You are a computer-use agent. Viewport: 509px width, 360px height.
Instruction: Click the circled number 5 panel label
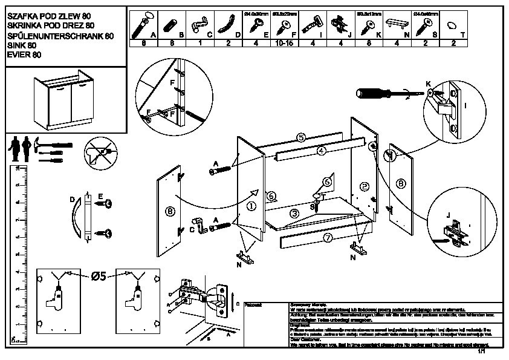click(x=300, y=137)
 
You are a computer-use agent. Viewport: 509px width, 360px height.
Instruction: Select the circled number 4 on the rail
click(x=322, y=150)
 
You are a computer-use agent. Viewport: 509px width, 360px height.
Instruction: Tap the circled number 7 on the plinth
click(x=327, y=238)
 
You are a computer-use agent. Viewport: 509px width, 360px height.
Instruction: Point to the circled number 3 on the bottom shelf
click(x=294, y=213)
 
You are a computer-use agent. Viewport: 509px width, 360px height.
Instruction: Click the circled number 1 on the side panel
click(x=251, y=206)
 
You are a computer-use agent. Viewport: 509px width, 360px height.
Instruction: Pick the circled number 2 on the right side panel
click(x=364, y=186)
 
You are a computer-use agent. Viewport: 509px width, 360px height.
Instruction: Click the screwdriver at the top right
click(x=379, y=94)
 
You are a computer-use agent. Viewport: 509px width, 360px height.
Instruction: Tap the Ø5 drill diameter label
click(x=99, y=277)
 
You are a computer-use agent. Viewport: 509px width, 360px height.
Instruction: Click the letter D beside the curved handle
click(x=71, y=199)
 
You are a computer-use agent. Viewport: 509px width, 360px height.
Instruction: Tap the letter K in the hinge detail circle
click(x=427, y=83)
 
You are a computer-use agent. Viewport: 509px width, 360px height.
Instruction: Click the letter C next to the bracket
click(x=192, y=229)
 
